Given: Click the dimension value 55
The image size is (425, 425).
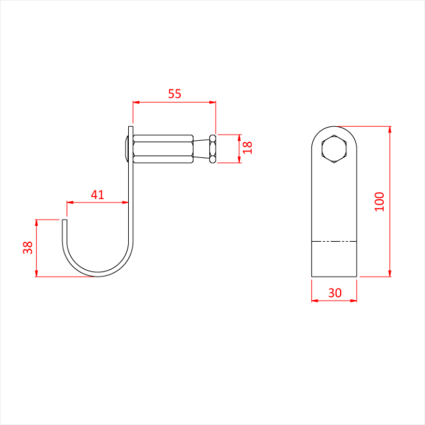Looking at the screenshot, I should coord(174,93).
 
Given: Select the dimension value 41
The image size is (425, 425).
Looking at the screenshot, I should coord(97,194).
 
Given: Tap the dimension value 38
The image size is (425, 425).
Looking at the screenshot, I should coord(27,247).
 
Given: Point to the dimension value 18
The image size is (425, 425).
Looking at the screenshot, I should coord(247,148).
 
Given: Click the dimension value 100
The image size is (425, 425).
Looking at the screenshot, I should coord(379,201).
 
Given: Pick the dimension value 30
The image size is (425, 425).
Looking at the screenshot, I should coord(334,292).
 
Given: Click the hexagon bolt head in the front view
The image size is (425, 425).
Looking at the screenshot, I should coord(334,149).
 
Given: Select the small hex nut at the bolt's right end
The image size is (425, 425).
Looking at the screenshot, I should coord(212,149).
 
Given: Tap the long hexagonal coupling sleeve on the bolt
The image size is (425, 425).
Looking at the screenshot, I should coord(163,149).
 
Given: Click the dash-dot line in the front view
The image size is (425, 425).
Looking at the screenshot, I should coord(334,240).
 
